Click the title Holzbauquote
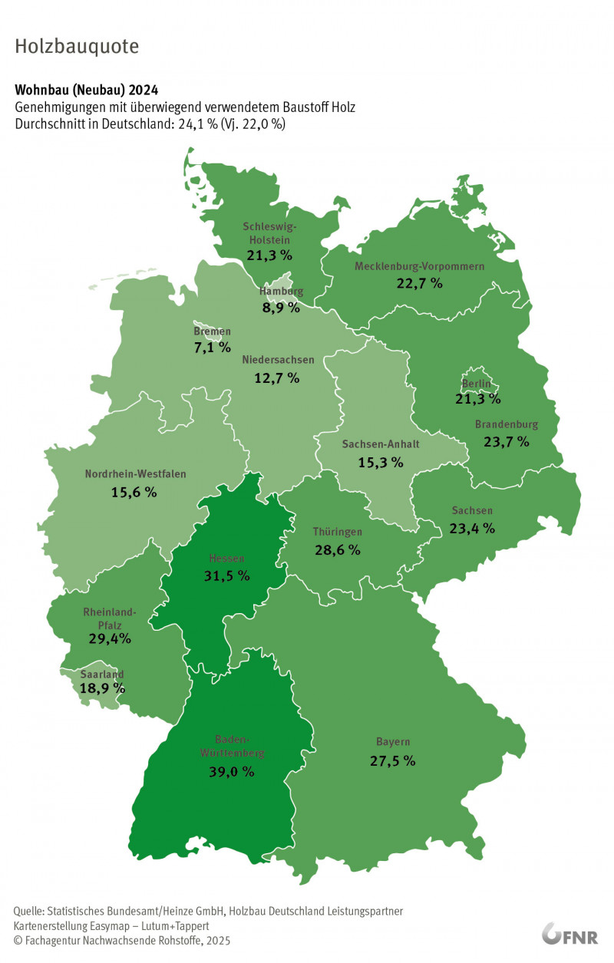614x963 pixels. (77, 47)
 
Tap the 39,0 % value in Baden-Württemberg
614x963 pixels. (232, 772)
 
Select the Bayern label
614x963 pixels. (393, 742)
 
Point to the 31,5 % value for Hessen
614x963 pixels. (228, 576)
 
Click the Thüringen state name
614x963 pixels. (338, 532)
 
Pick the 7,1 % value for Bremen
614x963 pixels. (212, 348)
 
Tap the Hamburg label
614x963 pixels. (281, 292)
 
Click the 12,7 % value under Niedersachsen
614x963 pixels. (276, 378)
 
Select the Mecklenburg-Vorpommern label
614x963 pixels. (420, 266)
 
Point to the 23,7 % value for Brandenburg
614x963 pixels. (507, 441)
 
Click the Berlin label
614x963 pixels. (481, 384)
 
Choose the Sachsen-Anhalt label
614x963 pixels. (381, 444)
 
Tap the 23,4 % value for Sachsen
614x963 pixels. (472, 528)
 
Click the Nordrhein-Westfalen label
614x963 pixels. (135, 474)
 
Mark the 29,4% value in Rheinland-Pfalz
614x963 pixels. (109, 638)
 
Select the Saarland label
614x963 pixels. (102, 674)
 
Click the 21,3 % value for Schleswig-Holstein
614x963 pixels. (269, 254)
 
